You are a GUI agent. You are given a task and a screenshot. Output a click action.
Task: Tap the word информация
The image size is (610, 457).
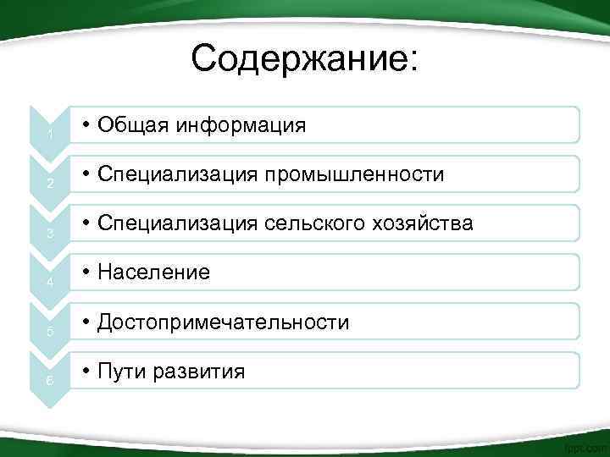click(x=241, y=125)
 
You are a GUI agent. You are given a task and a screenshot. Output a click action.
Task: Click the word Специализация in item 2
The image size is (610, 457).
click(x=179, y=174)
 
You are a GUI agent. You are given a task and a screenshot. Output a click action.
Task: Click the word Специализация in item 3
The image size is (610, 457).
click(x=179, y=223)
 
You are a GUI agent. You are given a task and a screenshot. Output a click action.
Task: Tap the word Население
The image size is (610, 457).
click(x=154, y=273)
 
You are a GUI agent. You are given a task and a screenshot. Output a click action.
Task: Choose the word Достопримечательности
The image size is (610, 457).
click(x=224, y=322)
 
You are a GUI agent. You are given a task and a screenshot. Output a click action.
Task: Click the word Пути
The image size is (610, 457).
click(x=121, y=371)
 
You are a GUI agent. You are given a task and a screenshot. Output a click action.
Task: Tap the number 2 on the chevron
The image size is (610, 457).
click(x=51, y=185)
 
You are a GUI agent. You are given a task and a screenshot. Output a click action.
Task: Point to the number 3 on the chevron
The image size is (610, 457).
click(x=51, y=234)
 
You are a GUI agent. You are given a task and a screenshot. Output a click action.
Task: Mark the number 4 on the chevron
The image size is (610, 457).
click(x=51, y=284)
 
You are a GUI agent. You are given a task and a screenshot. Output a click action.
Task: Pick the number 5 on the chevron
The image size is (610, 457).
click(x=51, y=333)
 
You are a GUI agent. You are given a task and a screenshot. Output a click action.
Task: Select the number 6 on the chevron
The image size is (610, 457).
click(x=51, y=382)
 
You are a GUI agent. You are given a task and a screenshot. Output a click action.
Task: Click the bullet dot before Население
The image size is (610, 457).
click(x=87, y=273)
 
